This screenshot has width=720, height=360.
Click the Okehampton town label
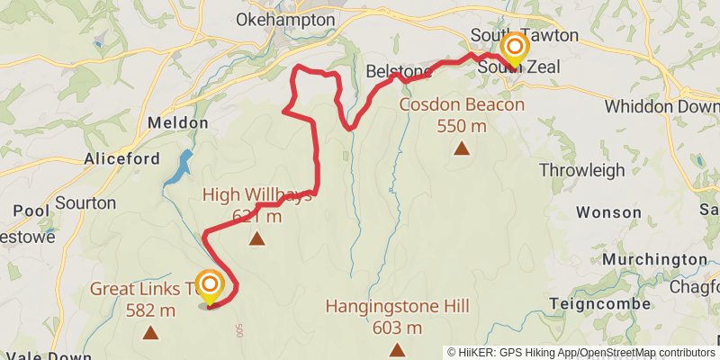coord(285,20)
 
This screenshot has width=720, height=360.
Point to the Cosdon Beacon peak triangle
coord(462,148)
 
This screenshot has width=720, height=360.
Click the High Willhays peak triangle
coord(257,238)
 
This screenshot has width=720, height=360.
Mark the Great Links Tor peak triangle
coord(150,333)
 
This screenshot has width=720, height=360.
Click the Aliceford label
coord(121,159)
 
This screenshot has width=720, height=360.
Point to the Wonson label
coord(608,212)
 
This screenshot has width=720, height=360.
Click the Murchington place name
coord(654,259)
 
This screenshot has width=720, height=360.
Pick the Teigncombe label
coord(598,303)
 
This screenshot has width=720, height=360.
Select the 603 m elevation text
coord(397,327)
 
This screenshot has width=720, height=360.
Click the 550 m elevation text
coord(462,126)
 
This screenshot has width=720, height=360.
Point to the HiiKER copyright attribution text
coord(581,352)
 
